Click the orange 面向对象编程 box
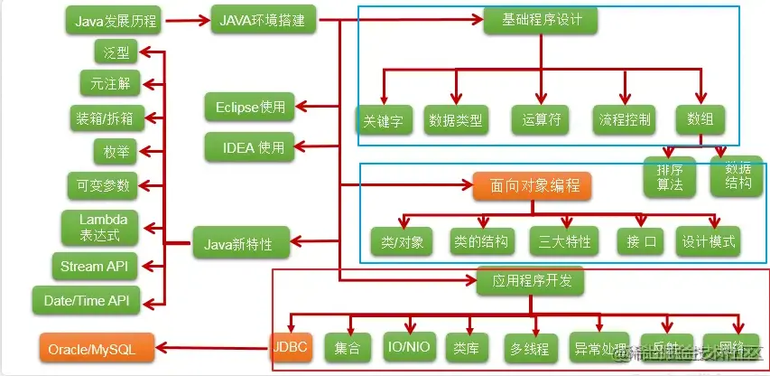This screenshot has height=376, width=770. [532, 186]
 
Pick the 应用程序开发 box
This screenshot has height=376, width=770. [531, 281]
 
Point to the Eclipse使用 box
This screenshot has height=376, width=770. [250, 107]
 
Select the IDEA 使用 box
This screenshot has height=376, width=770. [248, 145]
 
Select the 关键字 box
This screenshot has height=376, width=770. [383, 119]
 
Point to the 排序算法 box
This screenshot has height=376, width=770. [668, 175]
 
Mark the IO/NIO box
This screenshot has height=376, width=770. [408, 346]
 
